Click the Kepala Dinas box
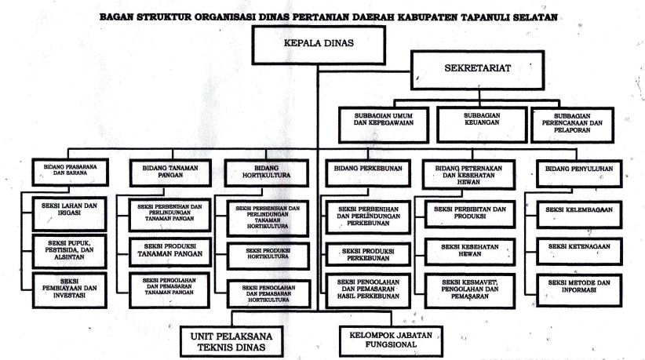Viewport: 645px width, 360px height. [319, 45]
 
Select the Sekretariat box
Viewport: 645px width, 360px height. [478, 71]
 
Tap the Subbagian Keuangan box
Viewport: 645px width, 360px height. [482, 125]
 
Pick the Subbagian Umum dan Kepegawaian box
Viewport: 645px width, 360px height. [384, 125]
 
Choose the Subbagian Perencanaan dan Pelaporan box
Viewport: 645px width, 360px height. [572, 125]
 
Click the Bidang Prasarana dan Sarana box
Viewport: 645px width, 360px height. [71, 173]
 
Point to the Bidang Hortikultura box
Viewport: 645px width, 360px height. [267, 173]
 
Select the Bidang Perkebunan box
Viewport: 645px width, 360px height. [368, 173]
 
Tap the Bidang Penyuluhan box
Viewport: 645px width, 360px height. [579, 174]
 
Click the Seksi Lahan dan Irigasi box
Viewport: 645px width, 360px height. [70, 213]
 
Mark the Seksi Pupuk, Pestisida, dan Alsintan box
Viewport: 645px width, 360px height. [70, 252]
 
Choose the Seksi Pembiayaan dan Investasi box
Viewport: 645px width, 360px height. [70, 290]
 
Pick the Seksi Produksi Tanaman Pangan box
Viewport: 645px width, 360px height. [170, 252]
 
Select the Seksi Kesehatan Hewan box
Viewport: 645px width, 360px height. [470, 252]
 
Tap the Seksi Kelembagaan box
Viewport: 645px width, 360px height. [579, 215]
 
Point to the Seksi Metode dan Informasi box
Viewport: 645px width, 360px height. [579, 290]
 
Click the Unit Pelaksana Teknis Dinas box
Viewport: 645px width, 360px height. [231, 341]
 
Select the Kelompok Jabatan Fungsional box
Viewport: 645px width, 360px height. [391, 341]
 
